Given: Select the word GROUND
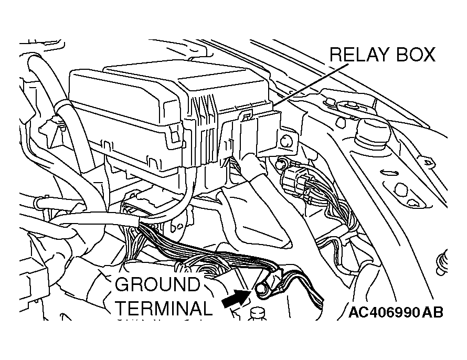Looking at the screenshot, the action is tap(157, 284).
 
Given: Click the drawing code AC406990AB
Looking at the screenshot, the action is tap(396, 312).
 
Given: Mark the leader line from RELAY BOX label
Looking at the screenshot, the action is tap(311, 84).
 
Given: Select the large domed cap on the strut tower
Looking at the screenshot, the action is tap(374, 131).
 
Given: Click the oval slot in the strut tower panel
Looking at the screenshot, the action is tap(387, 173).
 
